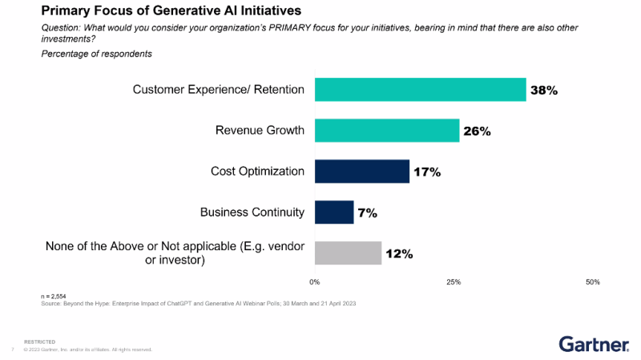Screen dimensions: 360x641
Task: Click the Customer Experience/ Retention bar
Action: pos(420,90)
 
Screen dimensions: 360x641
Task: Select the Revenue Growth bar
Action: pos(387,131)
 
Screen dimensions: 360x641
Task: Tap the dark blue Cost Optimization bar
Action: pos(362,172)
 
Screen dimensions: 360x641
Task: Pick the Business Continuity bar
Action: pos(334,212)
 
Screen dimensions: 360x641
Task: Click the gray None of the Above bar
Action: pos(348,253)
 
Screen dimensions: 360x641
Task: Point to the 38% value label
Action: pos(543,91)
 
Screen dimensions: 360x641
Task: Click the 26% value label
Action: pos(477,131)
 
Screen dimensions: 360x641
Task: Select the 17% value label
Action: pos(426,172)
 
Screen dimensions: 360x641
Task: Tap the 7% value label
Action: pos(367,213)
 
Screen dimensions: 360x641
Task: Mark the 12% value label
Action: pos(398,254)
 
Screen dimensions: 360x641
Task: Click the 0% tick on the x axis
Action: pos(315,282)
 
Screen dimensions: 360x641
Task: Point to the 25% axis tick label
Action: pos(454,282)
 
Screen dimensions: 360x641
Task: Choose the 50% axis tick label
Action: pos(593,282)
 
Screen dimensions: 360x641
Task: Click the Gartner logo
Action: pos(594,344)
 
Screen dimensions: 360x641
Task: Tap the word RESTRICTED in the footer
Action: pos(40,342)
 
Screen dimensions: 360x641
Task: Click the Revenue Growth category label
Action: pos(260,131)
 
